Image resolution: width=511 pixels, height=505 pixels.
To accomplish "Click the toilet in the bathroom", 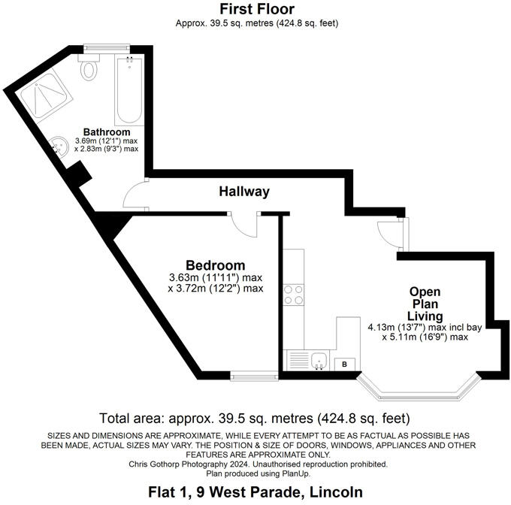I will click(90, 70).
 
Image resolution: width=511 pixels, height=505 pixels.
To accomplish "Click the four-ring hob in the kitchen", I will click(293, 295).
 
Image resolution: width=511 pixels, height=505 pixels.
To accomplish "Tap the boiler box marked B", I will click(345, 364).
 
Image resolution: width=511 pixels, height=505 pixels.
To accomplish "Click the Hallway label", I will click(244, 192).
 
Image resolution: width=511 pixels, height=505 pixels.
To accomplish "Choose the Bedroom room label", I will click(215, 265).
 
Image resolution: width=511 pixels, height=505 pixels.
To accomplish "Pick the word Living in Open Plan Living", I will click(425, 316).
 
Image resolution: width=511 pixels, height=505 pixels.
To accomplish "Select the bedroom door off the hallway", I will click(244, 224).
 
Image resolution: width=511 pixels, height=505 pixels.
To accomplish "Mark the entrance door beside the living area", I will click(391, 232).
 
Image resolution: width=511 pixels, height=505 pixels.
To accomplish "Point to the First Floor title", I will click(256, 9).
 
